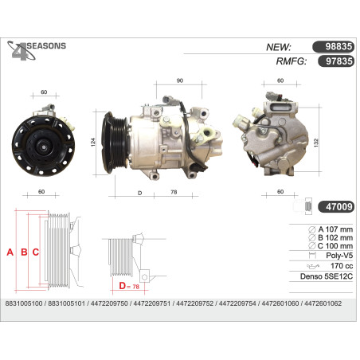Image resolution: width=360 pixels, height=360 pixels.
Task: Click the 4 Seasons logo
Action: [x=37, y=50]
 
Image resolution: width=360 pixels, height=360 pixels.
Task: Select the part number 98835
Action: [x=338, y=47]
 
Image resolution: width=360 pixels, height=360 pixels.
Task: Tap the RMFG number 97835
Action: [x=339, y=61]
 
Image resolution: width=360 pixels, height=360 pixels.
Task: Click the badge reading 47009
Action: [x=339, y=206]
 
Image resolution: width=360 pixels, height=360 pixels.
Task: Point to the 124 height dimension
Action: [x=93, y=142]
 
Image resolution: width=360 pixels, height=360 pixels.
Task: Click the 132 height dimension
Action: [x=316, y=143]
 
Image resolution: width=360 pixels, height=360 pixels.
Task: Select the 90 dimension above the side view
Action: [x=180, y=80]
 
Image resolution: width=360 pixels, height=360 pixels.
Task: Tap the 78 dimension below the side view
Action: [x=174, y=192]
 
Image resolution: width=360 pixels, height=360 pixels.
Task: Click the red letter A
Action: [x=10, y=252]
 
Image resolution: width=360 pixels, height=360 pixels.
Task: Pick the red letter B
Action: [x=24, y=252]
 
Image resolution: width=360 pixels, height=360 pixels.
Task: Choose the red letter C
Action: [x=36, y=252]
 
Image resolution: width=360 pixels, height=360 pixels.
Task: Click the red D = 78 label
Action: [x=129, y=286]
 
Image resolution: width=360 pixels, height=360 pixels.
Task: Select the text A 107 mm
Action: [x=335, y=229]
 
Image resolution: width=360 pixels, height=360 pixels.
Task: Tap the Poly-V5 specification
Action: [x=339, y=256]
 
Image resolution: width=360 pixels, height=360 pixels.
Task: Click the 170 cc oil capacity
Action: [x=342, y=266]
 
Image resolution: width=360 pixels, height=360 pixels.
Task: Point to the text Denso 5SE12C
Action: [x=327, y=276]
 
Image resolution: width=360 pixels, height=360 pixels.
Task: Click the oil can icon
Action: [x=313, y=266]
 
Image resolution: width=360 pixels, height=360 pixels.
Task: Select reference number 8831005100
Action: [x=24, y=303]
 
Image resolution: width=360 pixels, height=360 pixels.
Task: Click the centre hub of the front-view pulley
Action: [x=42, y=146]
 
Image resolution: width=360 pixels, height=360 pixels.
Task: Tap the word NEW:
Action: [x=279, y=47]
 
